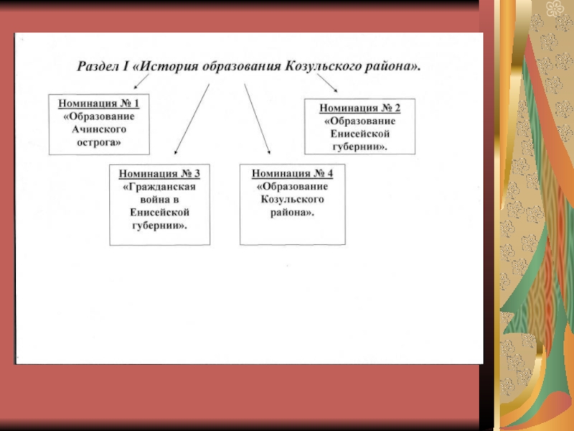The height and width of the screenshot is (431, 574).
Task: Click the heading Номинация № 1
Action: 99,103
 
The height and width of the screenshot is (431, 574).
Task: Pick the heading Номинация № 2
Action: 360,108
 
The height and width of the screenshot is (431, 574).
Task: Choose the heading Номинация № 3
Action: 159,173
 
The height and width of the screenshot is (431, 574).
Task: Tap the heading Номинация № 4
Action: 292,173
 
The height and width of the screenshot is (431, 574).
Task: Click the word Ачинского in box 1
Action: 99,129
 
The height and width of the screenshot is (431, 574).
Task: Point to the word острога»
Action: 99,142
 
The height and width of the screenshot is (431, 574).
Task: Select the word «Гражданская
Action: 159,187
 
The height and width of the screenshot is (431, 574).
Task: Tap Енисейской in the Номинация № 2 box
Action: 360,134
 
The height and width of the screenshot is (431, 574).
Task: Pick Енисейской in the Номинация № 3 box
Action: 159,213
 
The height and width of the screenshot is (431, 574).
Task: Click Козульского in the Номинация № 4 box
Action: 292,200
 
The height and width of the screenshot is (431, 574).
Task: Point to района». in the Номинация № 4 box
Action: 292,213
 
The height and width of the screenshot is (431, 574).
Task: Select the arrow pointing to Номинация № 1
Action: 141,81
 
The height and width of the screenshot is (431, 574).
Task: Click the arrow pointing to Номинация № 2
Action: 327,83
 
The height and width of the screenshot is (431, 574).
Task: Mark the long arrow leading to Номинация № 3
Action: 192,119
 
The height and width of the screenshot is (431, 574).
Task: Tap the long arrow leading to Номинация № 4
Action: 258,119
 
